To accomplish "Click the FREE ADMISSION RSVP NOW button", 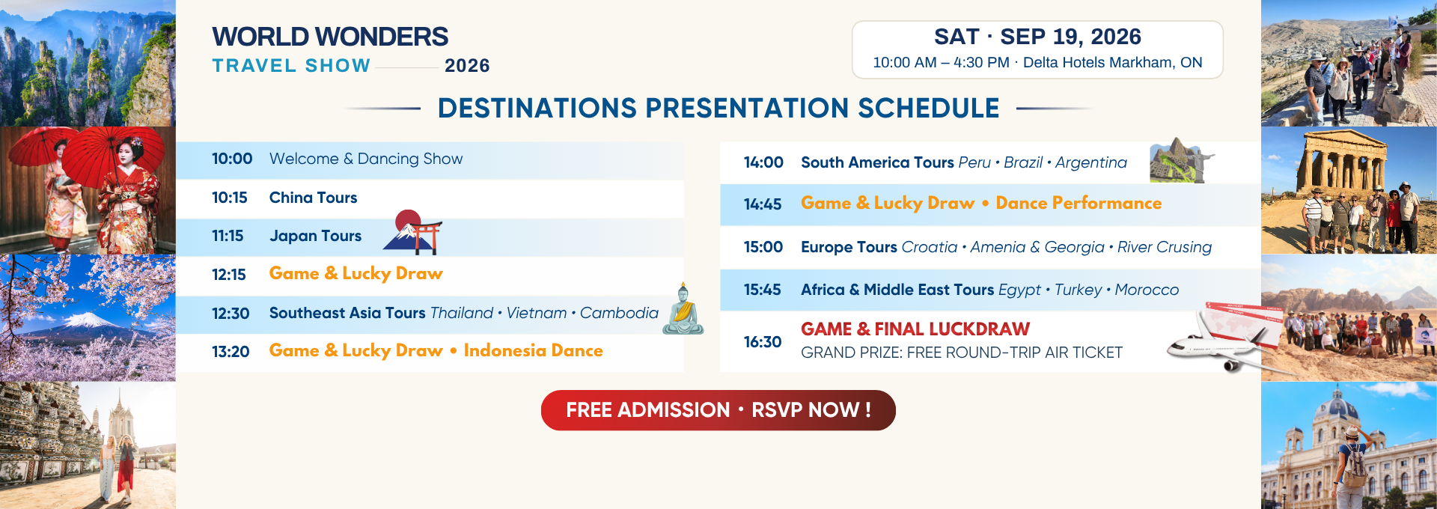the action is click(x=718, y=410).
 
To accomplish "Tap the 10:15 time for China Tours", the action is click(x=229, y=198).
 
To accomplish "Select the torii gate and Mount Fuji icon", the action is click(x=412, y=231).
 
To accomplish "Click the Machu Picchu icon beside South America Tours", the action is click(x=1181, y=160).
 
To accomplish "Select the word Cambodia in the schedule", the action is click(x=619, y=313).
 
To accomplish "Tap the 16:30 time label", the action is click(x=763, y=342).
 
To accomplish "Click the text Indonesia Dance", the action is click(x=533, y=350).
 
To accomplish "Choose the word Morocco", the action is click(x=1147, y=290).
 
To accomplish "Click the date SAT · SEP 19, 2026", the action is click(x=1037, y=37).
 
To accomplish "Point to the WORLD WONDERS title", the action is click(x=330, y=37).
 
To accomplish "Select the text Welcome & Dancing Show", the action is click(x=366, y=159).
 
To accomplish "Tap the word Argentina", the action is click(x=1090, y=162).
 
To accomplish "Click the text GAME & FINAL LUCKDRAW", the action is click(x=915, y=329).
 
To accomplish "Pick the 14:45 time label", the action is click(x=763, y=204).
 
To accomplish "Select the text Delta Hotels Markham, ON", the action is click(x=1112, y=63).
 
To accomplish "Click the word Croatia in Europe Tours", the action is click(x=930, y=247).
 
